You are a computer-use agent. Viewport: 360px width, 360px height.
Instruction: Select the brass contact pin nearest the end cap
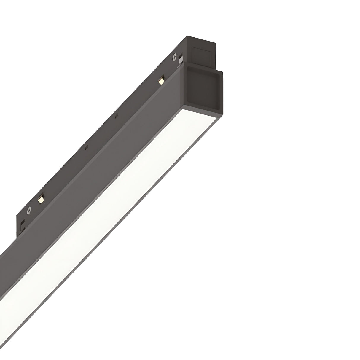tap(161, 80)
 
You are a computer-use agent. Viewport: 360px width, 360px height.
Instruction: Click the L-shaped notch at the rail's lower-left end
tap(21, 226)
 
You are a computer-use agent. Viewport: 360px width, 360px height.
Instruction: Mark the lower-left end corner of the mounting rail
tap(17, 234)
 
